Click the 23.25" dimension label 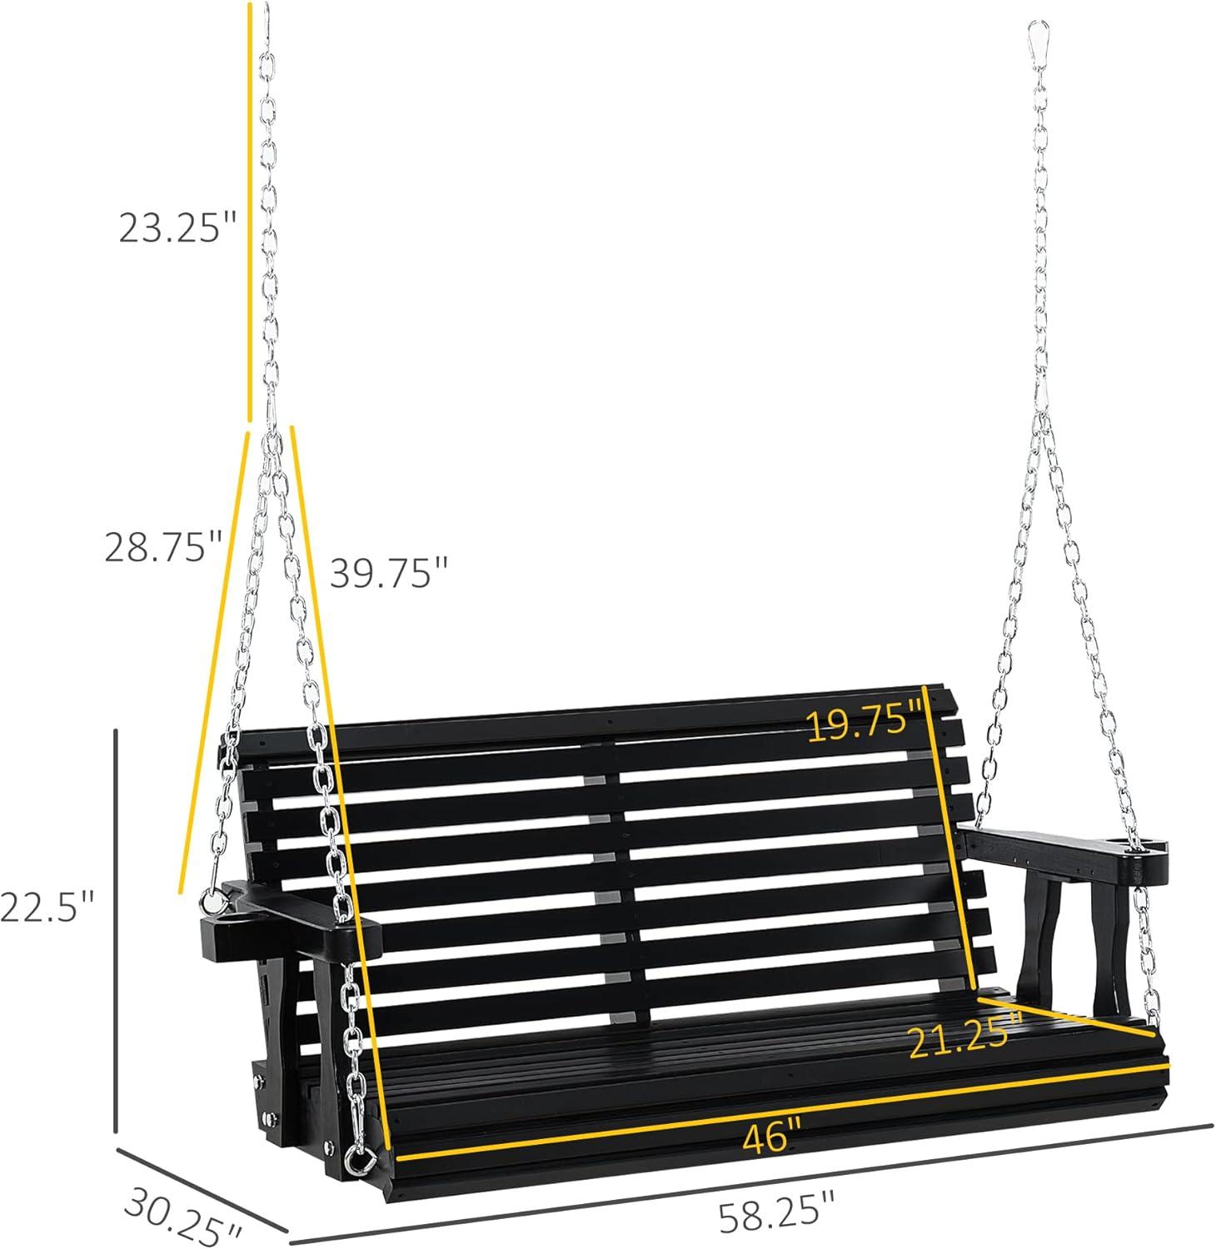(x=178, y=226)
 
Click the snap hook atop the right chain (x=1036, y=37)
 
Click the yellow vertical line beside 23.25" (x=248, y=208)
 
